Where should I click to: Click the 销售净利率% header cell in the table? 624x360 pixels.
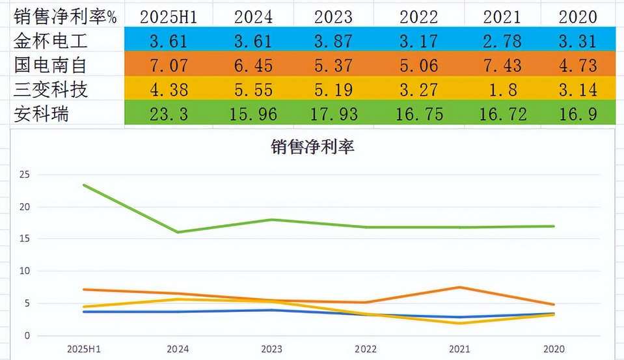65,16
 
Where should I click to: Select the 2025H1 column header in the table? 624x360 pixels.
169,16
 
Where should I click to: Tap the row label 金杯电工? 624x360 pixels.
51,41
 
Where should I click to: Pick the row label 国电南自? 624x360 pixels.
51,65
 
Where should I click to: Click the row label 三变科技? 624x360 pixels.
51,90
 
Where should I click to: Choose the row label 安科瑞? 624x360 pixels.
42,114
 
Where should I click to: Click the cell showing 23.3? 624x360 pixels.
169,115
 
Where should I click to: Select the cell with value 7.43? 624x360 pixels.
502,66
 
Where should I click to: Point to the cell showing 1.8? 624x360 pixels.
502,90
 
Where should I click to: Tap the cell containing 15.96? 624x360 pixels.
253,115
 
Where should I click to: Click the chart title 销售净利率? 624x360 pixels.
312,148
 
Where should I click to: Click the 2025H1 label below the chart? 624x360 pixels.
83,349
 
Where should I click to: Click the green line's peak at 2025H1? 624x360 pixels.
83,186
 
